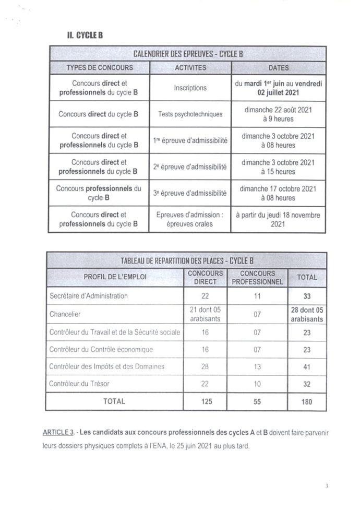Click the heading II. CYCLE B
(x=79, y=35)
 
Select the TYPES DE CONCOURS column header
(x=99, y=68)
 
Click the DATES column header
(x=278, y=68)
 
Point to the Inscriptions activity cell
(x=190, y=88)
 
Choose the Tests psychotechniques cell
(x=190, y=114)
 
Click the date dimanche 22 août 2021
(x=278, y=110)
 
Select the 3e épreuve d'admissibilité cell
(x=190, y=193)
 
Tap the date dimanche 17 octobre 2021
(x=278, y=188)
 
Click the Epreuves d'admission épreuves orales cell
(x=190, y=219)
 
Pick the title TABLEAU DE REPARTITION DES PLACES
(x=187, y=260)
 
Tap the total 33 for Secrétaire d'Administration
(x=306, y=296)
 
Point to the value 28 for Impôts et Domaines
(x=205, y=366)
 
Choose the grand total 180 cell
(x=306, y=401)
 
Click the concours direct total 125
(x=205, y=401)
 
